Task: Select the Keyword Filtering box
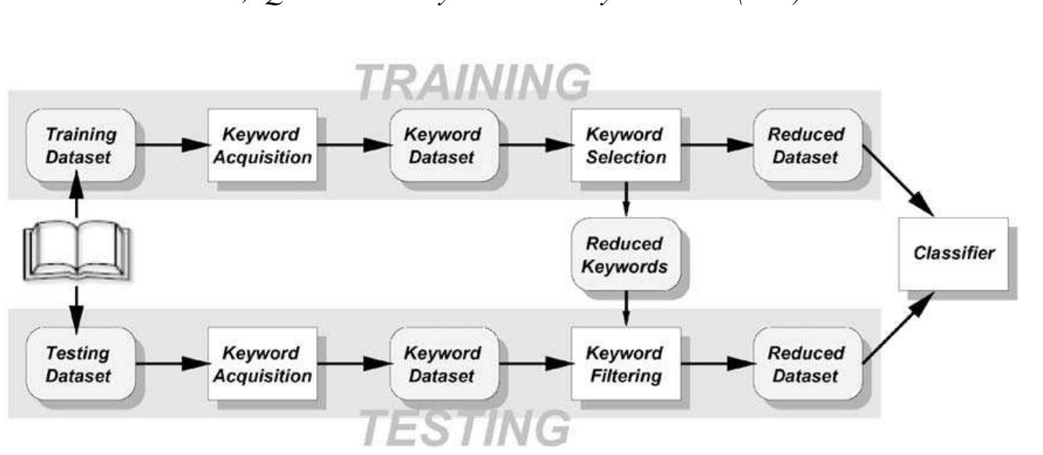click(626, 364)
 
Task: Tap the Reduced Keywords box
click(626, 254)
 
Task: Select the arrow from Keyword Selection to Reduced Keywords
click(626, 199)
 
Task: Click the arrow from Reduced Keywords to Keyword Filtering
click(626, 308)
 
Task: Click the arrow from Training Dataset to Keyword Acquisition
click(170, 144)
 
